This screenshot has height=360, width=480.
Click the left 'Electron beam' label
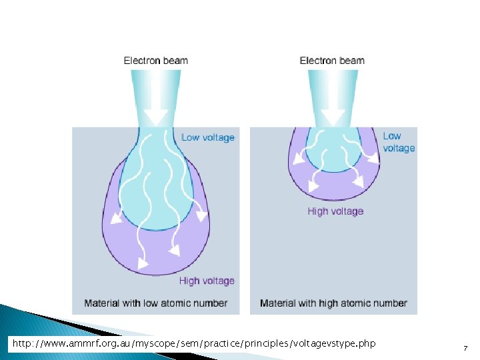[156, 61]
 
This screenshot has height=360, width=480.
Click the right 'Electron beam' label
[332, 61]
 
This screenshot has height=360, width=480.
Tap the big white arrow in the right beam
[333, 113]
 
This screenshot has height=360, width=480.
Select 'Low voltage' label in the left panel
[208, 138]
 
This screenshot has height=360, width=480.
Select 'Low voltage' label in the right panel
[399, 142]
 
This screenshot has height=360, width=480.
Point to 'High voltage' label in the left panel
[207, 281]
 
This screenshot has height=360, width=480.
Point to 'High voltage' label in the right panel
[335, 211]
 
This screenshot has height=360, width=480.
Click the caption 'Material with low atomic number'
[156, 303]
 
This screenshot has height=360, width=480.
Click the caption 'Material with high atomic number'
[333, 303]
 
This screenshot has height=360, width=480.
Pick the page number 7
[465, 348]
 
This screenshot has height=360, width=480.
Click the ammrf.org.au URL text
[194, 343]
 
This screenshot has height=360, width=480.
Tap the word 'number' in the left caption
[211, 303]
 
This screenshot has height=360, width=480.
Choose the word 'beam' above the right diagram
[352, 61]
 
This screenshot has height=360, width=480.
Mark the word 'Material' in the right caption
[279, 303]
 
